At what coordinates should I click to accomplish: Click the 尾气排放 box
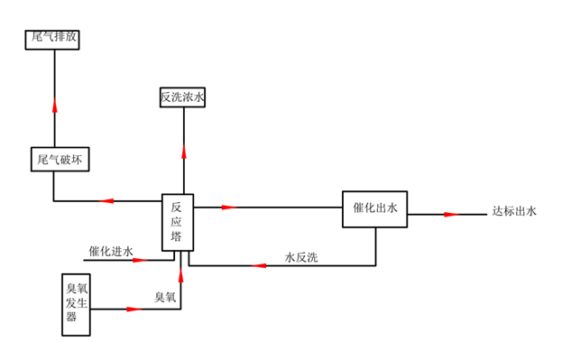click(x=56, y=38)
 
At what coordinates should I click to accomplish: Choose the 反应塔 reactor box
click(x=177, y=222)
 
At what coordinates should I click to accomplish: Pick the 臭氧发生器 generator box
click(x=77, y=304)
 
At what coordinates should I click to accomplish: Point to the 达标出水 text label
click(x=513, y=212)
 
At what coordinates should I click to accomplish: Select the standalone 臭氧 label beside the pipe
click(x=165, y=297)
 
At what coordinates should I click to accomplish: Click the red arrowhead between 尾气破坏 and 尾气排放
click(x=55, y=105)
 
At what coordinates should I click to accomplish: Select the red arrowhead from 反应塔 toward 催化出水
click(x=228, y=207)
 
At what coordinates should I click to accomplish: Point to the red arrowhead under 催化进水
click(x=140, y=260)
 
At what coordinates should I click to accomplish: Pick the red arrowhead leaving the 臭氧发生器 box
click(x=134, y=309)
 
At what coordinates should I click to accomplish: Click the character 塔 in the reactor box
click(x=177, y=237)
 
